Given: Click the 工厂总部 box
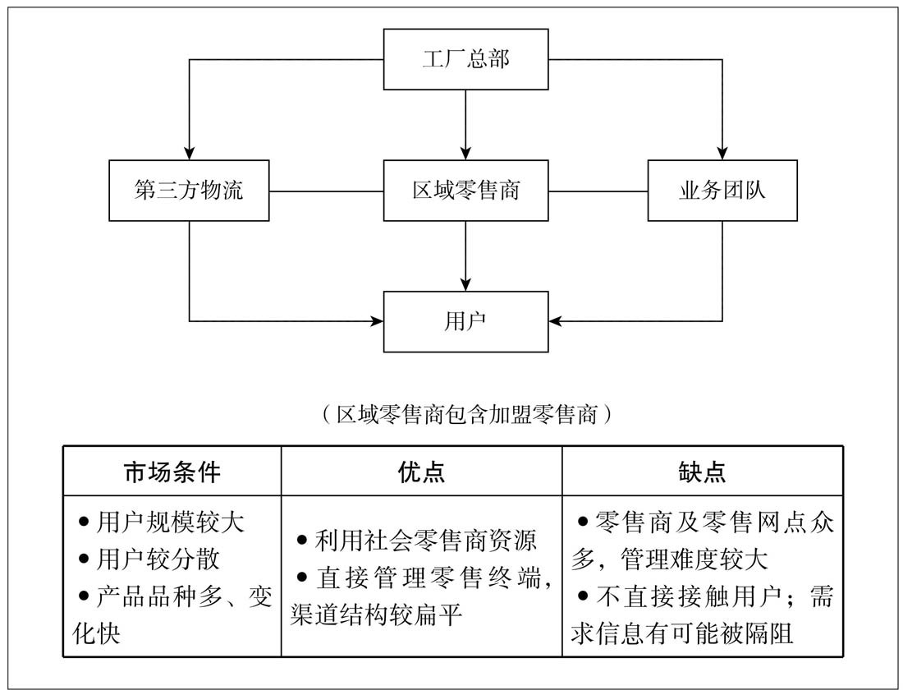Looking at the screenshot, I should pos(465,60).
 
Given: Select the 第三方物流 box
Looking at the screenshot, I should pos(189,191).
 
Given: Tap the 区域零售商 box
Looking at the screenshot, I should pos(465,191).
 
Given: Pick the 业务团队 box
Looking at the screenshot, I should pos(722,191).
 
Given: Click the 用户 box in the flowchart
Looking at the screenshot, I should pos(465,321).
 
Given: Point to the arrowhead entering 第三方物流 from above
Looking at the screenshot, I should pos(190,154).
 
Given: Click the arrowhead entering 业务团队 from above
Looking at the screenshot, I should pos(722,154).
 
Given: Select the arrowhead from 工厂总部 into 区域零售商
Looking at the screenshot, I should pos(465,154).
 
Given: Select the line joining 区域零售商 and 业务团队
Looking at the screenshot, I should pos(598,191).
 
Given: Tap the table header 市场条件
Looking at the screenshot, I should pos(172,472).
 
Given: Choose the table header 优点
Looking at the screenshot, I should pos(421,472).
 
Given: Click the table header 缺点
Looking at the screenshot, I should pos(703,472).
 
